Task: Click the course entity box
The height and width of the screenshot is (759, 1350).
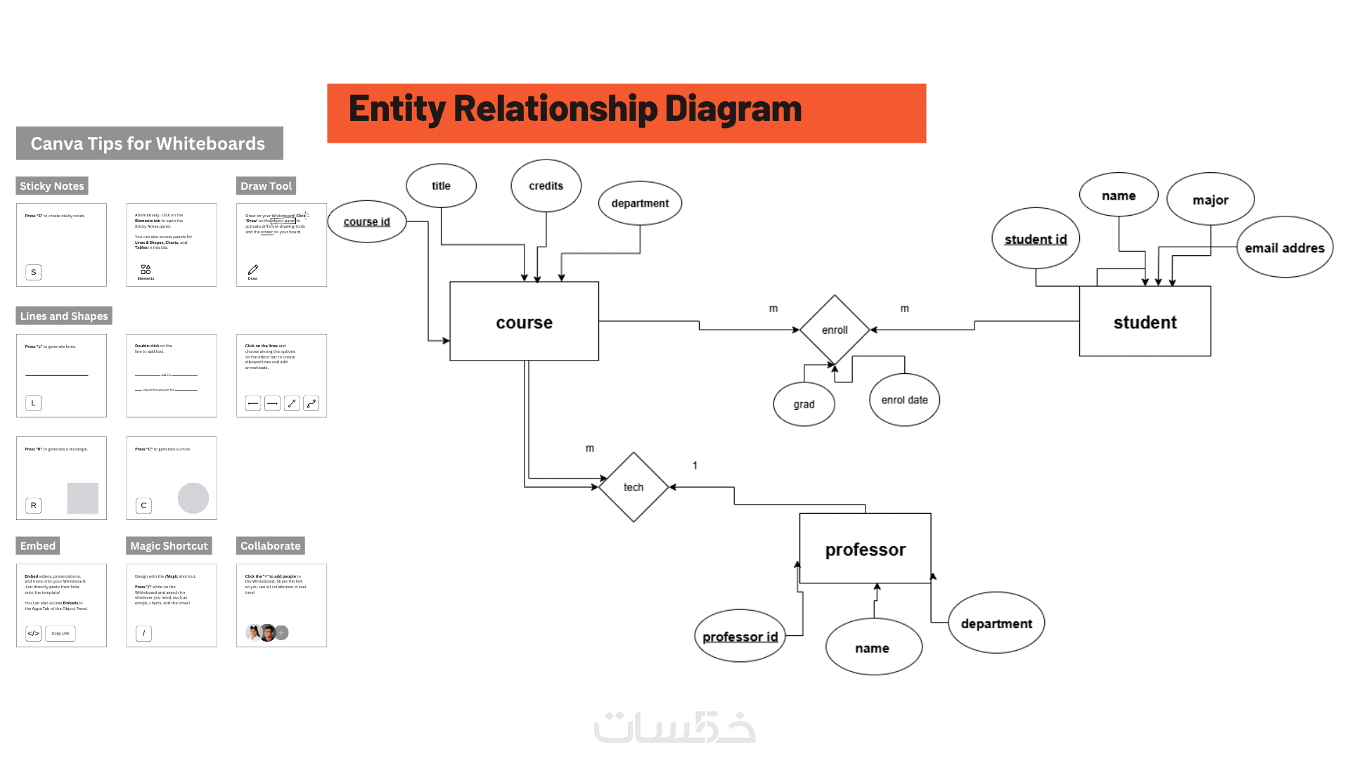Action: (524, 322)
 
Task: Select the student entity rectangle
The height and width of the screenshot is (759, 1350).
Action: (1145, 322)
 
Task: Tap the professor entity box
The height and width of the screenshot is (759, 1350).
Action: (865, 549)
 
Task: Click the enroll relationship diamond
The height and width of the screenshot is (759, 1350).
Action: (835, 330)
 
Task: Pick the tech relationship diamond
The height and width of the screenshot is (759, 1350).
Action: (634, 487)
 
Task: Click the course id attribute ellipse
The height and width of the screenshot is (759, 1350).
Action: (367, 221)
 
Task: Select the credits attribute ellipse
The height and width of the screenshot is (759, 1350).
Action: (546, 186)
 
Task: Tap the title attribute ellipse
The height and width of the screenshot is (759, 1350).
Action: (441, 186)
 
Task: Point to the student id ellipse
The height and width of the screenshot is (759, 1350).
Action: (1036, 239)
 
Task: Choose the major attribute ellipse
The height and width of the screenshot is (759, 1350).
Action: (1210, 200)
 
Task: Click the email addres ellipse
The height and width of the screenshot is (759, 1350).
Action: (1285, 247)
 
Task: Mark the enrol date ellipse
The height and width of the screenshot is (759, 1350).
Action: (904, 400)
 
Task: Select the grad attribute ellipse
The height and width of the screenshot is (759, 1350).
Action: (804, 404)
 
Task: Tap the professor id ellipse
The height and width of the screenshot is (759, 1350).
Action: (740, 636)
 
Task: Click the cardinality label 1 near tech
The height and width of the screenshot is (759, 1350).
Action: (695, 465)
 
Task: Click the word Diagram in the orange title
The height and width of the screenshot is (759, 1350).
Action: (733, 109)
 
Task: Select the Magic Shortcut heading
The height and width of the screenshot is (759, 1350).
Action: (169, 546)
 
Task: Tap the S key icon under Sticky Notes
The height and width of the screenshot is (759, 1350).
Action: (33, 272)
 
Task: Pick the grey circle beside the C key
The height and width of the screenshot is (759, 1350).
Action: (193, 498)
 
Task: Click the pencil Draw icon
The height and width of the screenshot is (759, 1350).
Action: (253, 270)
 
